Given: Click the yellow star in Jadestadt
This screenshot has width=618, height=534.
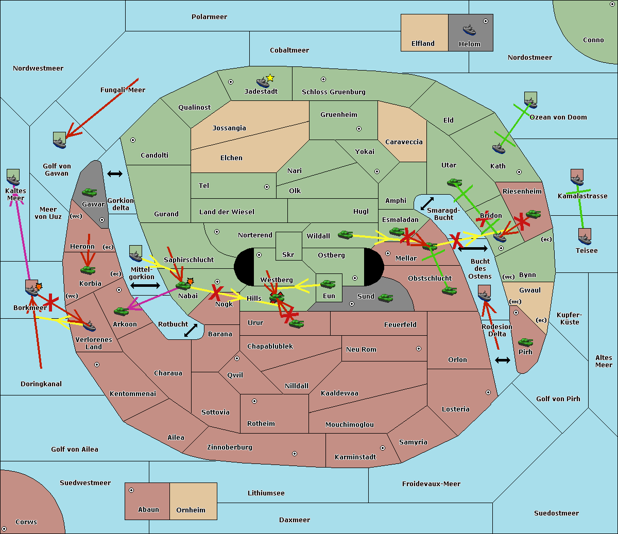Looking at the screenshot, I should pos(270,78).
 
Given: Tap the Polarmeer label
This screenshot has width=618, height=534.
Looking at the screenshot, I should pos(209,17).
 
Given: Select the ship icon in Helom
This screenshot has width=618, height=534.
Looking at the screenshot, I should pos(469,30).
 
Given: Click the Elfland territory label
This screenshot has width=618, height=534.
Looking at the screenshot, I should pos(423,44).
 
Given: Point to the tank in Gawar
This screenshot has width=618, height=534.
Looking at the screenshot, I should pos(90,192).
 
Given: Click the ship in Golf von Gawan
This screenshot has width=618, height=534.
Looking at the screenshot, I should pos(60,141).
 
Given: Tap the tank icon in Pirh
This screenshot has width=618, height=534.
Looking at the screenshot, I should pos(525,342).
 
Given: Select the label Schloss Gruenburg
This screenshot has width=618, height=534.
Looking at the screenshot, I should pos(333,92).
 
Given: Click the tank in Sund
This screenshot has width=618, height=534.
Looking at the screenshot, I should pos(386,298).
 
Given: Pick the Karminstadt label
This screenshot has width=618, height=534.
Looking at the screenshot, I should pos(355,457).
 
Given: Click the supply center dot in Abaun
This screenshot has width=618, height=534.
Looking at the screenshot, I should pos(131,490).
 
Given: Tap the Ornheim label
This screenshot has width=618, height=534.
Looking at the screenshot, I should pos(191,510).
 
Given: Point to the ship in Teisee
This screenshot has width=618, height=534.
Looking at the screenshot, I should pos(585,237).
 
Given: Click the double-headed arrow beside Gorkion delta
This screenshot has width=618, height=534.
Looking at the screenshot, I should pos(114,174).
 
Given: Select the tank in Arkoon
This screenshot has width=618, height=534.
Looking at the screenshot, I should pos(121,311).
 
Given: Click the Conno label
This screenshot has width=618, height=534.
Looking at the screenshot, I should pos(593,40).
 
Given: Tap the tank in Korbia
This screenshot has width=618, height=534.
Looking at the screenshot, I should pos(88,270).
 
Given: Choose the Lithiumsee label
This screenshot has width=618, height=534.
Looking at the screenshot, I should pos(266,493).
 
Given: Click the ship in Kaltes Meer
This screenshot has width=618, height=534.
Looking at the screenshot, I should pos(13,178).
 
